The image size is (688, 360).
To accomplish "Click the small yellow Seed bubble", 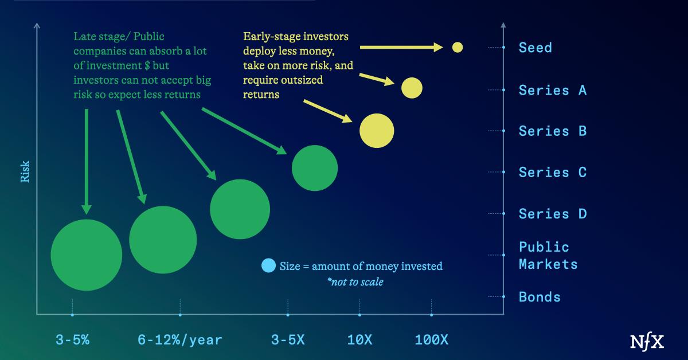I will click(457, 47).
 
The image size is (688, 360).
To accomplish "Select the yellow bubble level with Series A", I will click(412, 88).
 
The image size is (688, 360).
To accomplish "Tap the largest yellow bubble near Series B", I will click(377, 131).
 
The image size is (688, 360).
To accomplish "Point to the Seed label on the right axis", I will click(535, 48).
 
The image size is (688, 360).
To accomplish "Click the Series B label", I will click(552, 131).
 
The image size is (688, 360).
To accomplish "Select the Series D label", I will click(552, 214).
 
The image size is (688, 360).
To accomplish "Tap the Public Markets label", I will click(548, 256).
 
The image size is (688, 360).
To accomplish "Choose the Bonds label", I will click(539, 297).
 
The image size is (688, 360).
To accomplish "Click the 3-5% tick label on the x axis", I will click(72, 340).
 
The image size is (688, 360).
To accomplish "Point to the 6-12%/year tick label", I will click(179, 340).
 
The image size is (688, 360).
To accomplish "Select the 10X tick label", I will click(359, 340).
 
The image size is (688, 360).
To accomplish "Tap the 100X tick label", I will click(431, 340).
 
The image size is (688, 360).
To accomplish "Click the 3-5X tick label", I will click(288, 340).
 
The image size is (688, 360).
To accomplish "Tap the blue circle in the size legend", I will click(268, 265).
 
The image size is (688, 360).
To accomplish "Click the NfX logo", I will click(647, 341).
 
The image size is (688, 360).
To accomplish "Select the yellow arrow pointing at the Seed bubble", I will click(402, 47).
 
